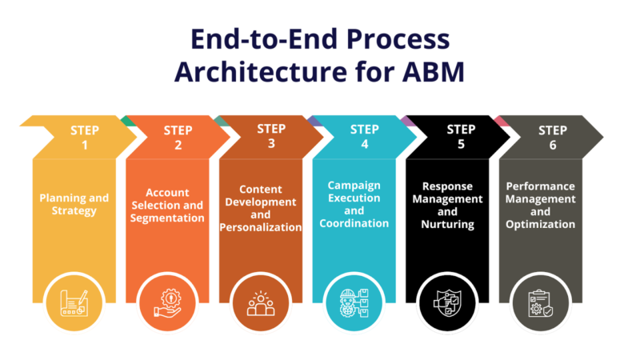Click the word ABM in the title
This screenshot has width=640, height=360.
click(x=433, y=72)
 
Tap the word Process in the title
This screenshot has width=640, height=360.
click(x=398, y=39)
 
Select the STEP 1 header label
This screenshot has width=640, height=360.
click(x=85, y=138)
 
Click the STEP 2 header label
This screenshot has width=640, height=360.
click(x=178, y=138)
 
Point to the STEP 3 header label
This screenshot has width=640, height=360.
click(x=271, y=136)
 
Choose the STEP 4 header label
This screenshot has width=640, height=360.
click(x=365, y=136)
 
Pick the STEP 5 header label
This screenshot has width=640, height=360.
click(x=461, y=136)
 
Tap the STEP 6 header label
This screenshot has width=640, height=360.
click(x=553, y=138)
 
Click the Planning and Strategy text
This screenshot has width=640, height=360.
click(x=74, y=204)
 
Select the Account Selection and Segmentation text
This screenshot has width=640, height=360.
click(x=167, y=205)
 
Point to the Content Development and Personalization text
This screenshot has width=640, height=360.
click(x=261, y=208)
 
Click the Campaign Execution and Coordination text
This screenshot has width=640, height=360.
click(x=354, y=204)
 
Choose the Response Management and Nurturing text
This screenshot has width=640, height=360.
click(x=447, y=205)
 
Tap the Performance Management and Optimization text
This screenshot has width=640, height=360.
click(x=541, y=205)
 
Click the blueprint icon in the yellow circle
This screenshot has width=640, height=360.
click(x=74, y=303)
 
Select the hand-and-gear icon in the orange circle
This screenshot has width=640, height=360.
click(x=167, y=303)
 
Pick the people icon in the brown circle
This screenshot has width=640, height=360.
click(x=261, y=304)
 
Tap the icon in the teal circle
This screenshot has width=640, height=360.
click(x=354, y=303)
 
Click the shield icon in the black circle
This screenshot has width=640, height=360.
click(x=447, y=303)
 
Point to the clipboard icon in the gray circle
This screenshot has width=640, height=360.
click(x=541, y=303)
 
